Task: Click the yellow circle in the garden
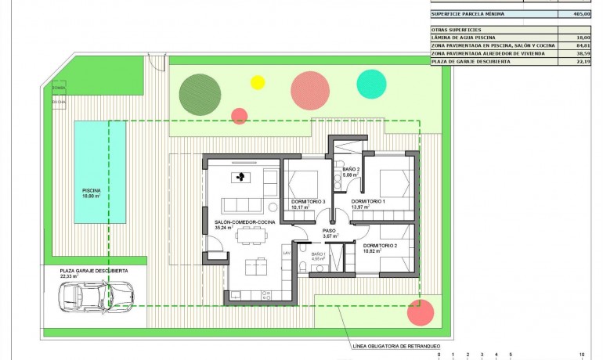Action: [257, 82]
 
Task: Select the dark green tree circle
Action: [197, 93]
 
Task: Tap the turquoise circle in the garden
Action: [371, 84]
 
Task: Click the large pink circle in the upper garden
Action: [309, 90]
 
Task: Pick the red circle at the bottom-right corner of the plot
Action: [421, 312]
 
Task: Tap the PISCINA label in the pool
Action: [92, 190]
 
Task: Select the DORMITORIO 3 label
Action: [307, 202]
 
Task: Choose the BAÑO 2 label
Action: [351, 169]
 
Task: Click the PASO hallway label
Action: [329, 231]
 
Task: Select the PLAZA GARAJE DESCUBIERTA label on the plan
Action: [94, 270]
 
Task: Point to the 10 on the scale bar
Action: [581, 354]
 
